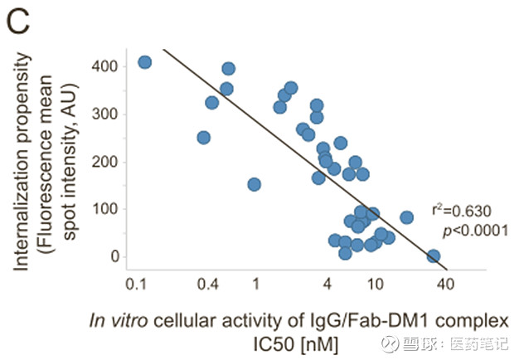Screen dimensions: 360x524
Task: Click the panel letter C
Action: click(x=18, y=22)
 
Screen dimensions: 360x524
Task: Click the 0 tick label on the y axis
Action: click(x=115, y=257)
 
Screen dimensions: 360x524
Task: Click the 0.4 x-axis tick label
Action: click(x=208, y=284)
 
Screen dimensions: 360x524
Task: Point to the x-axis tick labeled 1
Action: click(x=255, y=284)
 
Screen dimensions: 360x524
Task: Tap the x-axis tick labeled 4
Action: click(x=327, y=284)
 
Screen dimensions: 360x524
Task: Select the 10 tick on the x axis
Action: click(x=375, y=284)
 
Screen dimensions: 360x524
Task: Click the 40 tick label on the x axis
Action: click(x=446, y=284)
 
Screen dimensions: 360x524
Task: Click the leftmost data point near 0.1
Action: click(x=144, y=62)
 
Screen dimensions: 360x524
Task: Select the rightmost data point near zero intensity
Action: click(x=433, y=256)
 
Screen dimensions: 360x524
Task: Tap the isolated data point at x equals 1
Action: click(x=254, y=184)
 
